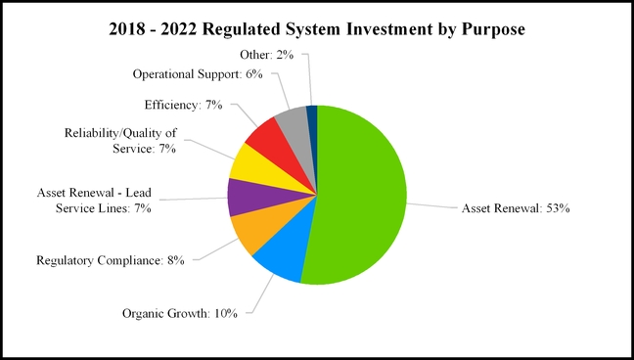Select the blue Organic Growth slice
point(279,259)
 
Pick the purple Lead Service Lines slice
point(245,197)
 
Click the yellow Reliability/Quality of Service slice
point(252,164)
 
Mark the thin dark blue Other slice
point(312,117)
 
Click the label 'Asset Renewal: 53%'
point(514,208)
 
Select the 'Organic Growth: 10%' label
point(185,314)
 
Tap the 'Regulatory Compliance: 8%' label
point(111,260)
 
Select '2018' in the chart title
point(130,29)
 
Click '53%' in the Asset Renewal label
point(555,208)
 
